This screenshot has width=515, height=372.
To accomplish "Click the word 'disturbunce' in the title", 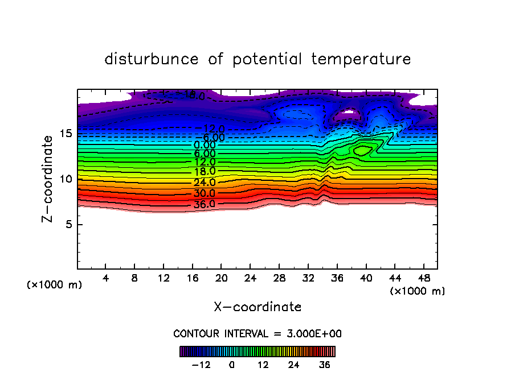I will click(x=152, y=59).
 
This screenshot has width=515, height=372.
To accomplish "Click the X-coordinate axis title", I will click(x=257, y=307).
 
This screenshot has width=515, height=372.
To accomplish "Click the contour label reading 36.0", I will click(x=204, y=204).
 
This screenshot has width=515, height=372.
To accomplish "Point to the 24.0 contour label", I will click(x=204, y=183).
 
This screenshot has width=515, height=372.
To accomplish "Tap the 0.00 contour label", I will click(x=205, y=145).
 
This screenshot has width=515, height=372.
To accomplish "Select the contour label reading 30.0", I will click(x=204, y=193).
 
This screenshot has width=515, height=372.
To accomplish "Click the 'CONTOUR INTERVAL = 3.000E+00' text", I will click(x=257, y=333).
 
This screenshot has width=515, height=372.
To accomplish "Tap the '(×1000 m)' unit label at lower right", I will click(x=418, y=291).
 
